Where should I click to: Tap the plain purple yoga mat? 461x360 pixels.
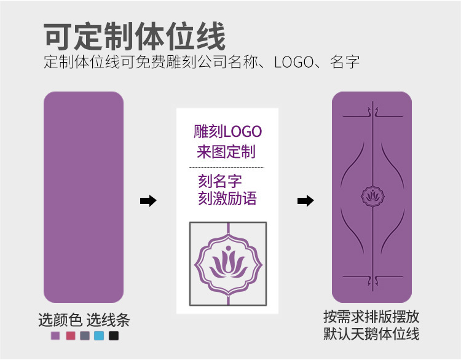tap(83, 197)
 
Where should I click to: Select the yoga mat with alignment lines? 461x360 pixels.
tap(371, 197)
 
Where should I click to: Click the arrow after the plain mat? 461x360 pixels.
tap(148, 201)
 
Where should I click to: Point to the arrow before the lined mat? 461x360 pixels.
tap(305, 201)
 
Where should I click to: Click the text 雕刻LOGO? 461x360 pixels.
tap(227, 131)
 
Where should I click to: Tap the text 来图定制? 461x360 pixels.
tap(226, 151)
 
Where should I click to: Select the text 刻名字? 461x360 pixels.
tap(219, 181)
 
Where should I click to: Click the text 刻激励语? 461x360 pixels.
tap(227, 199)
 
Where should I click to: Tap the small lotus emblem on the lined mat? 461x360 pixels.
tap(371, 195)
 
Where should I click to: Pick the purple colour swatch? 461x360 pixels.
tap(55, 336)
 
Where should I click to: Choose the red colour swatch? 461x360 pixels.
tap(70, 336)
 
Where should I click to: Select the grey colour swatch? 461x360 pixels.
tap(84, 336)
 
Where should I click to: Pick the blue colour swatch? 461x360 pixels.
tap(99, 336)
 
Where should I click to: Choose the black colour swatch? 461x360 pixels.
tap(113, 336)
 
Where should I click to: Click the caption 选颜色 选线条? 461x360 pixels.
tap(84, 320)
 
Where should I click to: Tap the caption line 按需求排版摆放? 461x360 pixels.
tap(371, 317)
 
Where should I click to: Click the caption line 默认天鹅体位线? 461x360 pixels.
tap(371, 334)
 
